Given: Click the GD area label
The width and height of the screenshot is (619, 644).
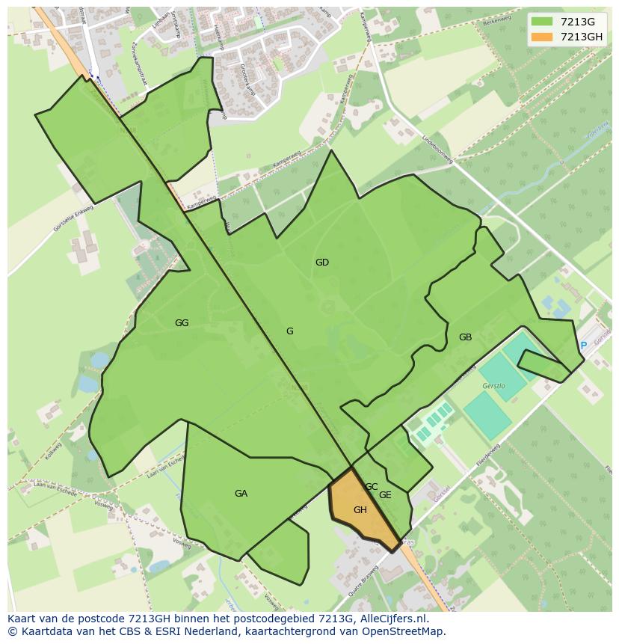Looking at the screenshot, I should [x=322, y=263].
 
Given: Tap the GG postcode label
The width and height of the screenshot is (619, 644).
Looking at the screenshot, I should [x=182, y=323].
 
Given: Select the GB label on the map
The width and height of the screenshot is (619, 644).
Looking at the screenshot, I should [x=465, y=337].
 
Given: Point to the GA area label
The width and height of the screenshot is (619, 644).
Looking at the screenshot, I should [x=241, y=494].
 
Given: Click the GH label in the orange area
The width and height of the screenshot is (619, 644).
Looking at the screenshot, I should [x=360, y=510].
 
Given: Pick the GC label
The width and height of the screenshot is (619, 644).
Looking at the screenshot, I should [x=372, y=487].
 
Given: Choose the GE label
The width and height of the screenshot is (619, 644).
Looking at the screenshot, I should [x=385, y=495].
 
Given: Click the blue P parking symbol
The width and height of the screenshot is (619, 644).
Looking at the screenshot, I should [x=583, y=346].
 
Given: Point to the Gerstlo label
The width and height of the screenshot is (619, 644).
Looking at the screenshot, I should [x=493, y=386].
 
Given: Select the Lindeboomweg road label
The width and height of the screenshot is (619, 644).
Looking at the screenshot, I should [x=437, y=149].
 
